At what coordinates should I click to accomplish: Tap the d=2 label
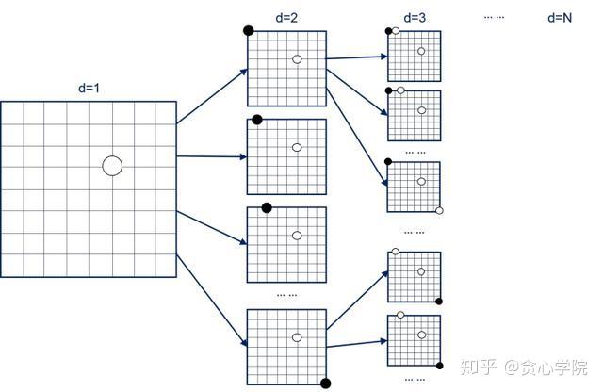[x=286, y=17]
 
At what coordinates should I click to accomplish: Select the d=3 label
[x=414, y=17]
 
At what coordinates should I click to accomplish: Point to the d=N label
[x=560, y=17]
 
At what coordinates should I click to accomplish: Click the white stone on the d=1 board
[x=112, y=166]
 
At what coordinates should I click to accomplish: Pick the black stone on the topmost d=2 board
[x=249, y=30]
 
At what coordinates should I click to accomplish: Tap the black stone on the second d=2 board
[x=256, y=120]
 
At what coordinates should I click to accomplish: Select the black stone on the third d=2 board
[x=267, y=207]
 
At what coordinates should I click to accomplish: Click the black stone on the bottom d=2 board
[x=326, y=383]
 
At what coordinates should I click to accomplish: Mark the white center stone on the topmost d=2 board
[x=297, y=59]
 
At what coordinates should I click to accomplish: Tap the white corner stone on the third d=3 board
[x=439, y=210]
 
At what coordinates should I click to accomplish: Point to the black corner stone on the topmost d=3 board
[x=388, y=31]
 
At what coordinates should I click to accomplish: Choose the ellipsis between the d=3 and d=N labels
[x=494, y=17]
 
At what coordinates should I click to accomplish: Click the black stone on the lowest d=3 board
[x=439, y=363]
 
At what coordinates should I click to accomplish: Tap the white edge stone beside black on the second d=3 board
[x=401, y=90]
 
